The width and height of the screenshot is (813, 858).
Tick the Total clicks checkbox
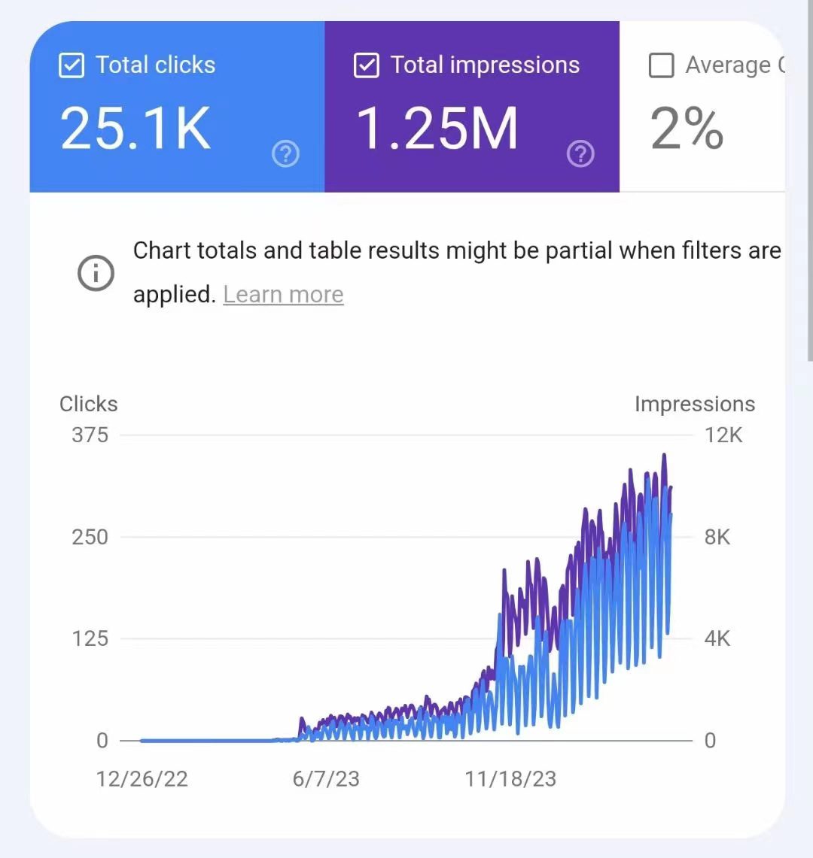click(71, 65)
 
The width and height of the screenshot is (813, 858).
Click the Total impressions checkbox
click(366, 65)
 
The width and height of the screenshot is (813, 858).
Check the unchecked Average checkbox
click(661, 65)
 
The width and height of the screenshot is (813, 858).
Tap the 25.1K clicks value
click(135, 129)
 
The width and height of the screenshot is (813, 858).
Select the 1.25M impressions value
click(437, 129)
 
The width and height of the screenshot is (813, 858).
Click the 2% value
click(687, 129)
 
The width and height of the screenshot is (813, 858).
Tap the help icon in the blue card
click(285, 155)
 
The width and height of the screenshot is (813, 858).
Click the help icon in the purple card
click(580, 155)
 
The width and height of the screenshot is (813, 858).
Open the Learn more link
click(283, 294)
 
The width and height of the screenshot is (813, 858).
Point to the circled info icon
click(96, 273)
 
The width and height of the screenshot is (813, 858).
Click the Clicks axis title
click(89, 404)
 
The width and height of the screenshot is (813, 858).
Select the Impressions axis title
click(694, 404)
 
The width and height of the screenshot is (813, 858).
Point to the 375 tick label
click(90, 435)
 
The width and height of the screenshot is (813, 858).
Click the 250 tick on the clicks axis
click(90, 537)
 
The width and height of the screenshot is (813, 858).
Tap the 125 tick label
click(90, 638)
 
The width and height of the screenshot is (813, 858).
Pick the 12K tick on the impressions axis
click(723, 435)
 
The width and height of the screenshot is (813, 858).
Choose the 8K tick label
click(717, 537)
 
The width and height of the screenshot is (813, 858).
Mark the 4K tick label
click(717, 638)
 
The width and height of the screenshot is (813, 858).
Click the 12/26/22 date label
click(142, 778)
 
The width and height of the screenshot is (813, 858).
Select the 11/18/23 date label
click(510, 778)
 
